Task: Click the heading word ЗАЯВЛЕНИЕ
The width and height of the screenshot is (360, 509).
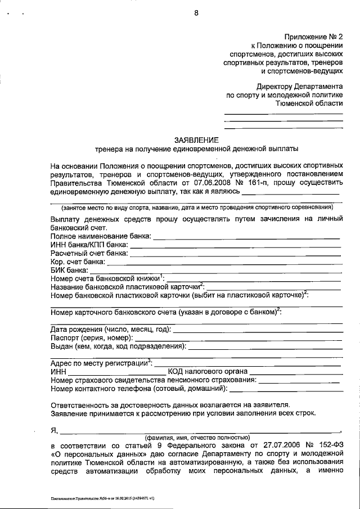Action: (x=196, y=139)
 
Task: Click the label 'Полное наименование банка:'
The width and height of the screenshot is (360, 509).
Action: (x=101, y=236)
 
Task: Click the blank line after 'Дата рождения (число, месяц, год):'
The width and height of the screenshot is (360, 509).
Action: (x=257, y=330)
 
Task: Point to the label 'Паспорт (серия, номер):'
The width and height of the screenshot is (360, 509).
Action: (x=92, y=337)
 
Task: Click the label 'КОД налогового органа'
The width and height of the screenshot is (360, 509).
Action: (x=208, y=372)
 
